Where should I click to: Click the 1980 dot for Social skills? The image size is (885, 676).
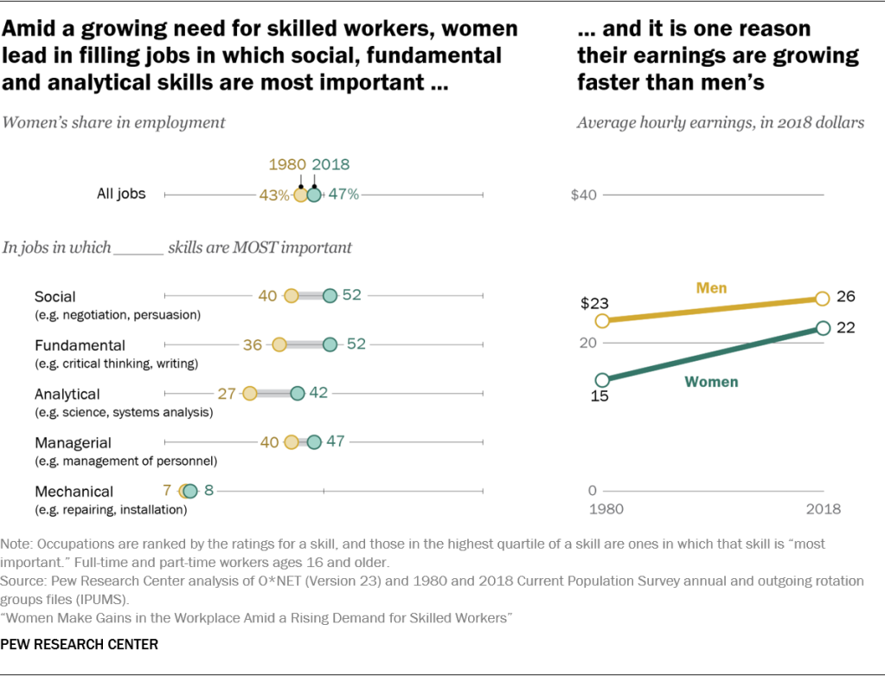(x=292, y=296)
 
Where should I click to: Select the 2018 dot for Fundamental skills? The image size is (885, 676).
(x=330, y=344)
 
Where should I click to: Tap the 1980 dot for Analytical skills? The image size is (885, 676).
(x=249, y=394)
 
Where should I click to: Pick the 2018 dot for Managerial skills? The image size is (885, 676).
(x=314, y=442)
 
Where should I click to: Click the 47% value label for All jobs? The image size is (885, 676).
(x=343, y=195)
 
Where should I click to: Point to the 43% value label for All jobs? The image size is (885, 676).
(x=274, y=196)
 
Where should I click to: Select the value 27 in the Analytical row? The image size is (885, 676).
(x=227, y=394)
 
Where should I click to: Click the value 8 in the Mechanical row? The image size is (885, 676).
(x=208, y=491)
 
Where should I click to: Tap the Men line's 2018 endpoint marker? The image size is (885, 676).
(x=822, y=299)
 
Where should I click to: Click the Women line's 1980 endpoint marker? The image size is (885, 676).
(x=603, y=379)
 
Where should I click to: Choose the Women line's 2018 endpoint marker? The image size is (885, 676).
(x=823, y=328)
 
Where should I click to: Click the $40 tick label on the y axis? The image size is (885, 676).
(x=584, y=195)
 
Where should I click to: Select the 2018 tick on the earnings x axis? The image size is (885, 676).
(x=823, y=509)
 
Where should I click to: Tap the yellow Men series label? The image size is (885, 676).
(x=711, y=287)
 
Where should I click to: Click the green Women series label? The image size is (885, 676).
(x=711, y=381)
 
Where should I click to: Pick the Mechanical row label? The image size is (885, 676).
(x=74, y=492)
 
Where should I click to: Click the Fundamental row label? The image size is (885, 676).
(x=80, y=345)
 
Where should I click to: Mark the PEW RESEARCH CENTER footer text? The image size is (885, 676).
(x=80, y=645)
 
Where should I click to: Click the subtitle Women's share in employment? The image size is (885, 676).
(x=114, y=122)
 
